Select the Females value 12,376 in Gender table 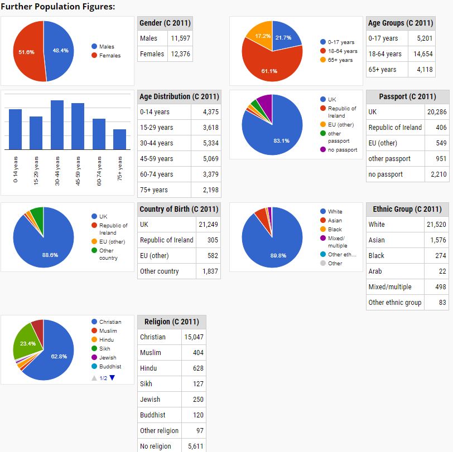181,54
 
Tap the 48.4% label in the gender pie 60,51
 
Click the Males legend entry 106,47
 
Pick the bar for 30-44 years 57,125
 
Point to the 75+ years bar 119,139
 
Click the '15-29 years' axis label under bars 36,171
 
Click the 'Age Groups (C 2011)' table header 401,23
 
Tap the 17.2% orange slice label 263,36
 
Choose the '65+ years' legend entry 340,60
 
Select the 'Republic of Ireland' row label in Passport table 395,128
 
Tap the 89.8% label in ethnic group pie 278,256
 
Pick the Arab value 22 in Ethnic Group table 442,271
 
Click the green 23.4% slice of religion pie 25,346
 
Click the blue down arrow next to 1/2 112,378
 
